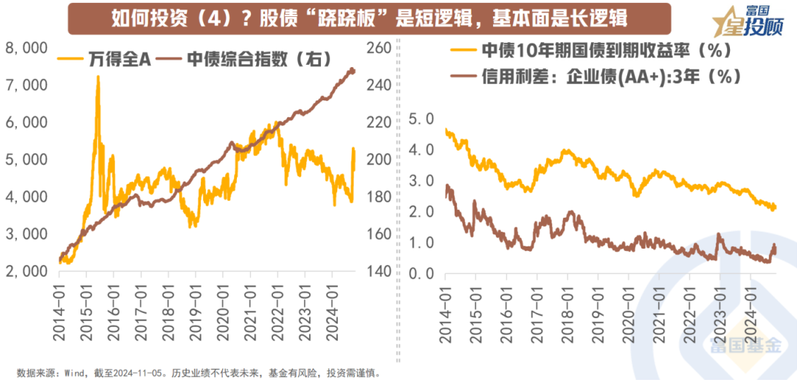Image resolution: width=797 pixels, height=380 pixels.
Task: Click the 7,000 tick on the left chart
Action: pyautogui.click(x=27, y=86)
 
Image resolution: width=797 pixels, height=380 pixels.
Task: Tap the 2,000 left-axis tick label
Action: pyautogui.click(x=27, y=272)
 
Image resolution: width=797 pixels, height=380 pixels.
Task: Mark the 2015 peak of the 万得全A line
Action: pyautogui.click(x=97, y=77)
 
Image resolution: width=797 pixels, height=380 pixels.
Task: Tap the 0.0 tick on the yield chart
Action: pyautogui.click(x=422, y=274)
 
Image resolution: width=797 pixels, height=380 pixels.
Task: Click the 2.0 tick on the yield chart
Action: pyautogui.click(x=422, y=213)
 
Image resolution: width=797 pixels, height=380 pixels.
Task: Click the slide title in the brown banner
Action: pyautogui.click(x=369, y=18)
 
